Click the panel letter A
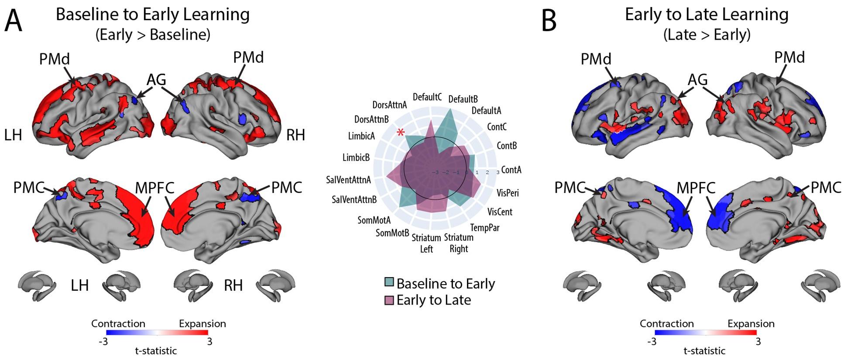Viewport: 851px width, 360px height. [13, 21]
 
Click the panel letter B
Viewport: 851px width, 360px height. [549, 21]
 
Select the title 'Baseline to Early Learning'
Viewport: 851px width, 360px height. [153, 14]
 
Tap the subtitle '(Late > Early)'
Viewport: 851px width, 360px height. [707, 34]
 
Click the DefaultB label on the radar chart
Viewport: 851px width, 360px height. [463, 99]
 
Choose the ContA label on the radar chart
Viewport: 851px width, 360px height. [511, 170]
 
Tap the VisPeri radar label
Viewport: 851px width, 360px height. [508, 192]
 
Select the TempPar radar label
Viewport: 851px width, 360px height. [485, 227]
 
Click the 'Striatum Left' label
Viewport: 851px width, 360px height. [426, 243]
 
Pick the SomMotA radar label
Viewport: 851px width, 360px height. [374, 220]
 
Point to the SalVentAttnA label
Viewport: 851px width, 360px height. [348, 180]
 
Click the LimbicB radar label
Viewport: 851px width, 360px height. [356, 157]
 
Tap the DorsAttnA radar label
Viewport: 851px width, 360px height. [389, 105]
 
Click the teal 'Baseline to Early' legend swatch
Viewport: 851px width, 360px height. [389, 282]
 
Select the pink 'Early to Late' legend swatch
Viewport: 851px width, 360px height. [389, 300]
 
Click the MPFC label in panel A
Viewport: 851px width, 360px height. [154, 188]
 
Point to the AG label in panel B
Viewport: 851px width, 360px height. [697, 79]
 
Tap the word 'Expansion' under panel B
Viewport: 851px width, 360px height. [751, 323]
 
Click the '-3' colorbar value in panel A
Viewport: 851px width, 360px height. [103, 341]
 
